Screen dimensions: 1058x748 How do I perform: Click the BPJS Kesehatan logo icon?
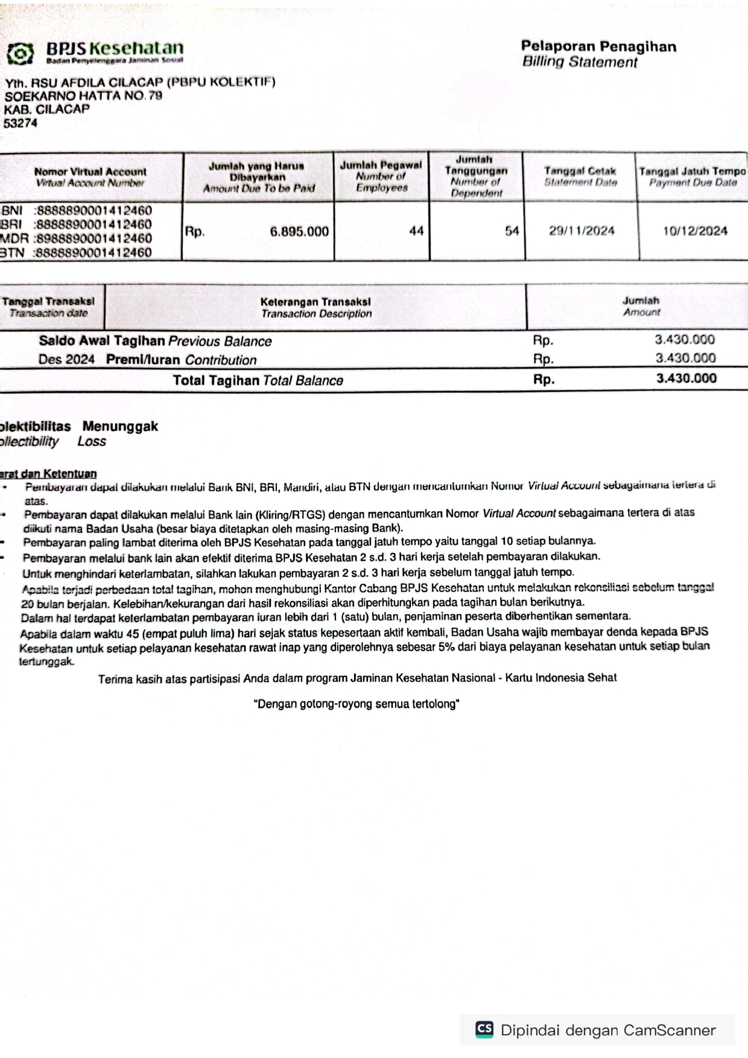[x=21, y=54]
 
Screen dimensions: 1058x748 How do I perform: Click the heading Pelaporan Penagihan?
[x=598, y=46]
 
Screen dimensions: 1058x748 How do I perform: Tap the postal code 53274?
[x=21, y=123]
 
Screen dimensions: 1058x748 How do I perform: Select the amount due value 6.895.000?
[x=299, y=231]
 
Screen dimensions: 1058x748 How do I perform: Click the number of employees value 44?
[x=416, y=231]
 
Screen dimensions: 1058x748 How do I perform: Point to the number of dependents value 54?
[x=512, y=231]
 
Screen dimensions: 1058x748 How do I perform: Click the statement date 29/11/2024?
[x=582, y=231]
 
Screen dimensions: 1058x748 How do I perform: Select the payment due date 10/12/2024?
[x=695, y=231]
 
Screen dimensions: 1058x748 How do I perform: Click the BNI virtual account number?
[x=93, y=210]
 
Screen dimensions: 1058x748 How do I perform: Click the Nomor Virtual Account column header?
[x=90, y=177]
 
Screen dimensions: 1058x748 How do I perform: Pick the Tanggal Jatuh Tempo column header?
[x=693, y=177]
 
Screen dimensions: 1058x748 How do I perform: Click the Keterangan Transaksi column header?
[x=315, y=307]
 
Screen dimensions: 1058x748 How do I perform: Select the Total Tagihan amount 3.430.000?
[x=686, y=379]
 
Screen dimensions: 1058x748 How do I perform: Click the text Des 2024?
[x=66, y=360]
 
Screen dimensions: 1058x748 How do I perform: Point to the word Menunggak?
[x=120, y=426]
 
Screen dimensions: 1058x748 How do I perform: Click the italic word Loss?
[x=92, y=441]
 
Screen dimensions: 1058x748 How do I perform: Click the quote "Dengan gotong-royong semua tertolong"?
[x=357, y=704]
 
